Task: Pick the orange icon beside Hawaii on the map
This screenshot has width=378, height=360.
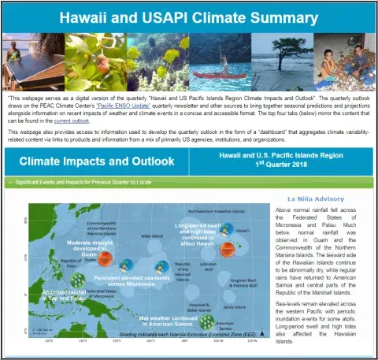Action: point(227,249)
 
